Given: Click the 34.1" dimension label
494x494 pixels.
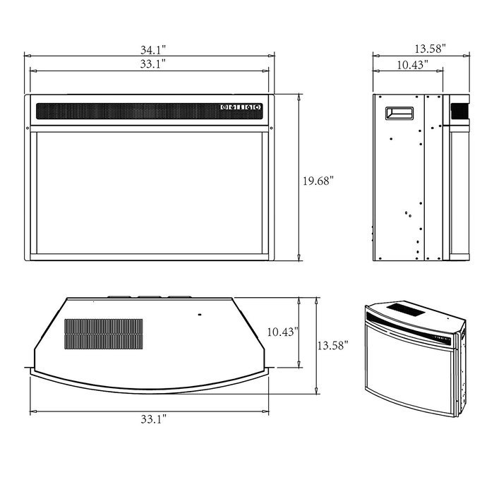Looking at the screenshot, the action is coord(153,50).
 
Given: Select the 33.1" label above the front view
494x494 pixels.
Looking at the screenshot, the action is coord(153,64).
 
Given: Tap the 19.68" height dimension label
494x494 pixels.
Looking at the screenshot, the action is coord(318,181).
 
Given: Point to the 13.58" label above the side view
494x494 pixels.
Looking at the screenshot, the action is coord(430,49).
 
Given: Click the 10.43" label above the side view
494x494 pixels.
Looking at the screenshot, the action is coord(412,65).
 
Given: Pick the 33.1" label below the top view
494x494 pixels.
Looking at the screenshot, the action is coord(153,419).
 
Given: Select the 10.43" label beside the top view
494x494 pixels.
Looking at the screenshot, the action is coord(282,332).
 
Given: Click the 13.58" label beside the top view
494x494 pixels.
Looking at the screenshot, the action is coord(332,346).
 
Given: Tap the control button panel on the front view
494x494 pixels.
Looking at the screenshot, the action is coord(241,107).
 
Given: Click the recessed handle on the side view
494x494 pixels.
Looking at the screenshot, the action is coord(399,114).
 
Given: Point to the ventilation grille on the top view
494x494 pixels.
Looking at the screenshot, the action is coord(104,334).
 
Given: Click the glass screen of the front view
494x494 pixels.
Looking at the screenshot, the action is coord(150,193).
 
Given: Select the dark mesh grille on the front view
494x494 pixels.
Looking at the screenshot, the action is coord(150,112).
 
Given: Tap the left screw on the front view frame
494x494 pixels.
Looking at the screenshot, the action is coord(28,128).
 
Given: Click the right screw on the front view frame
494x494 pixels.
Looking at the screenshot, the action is coord(272,128).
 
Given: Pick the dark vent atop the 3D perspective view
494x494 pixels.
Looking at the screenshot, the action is coord(406,309).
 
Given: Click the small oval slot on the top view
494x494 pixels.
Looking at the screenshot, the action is coord(199,315).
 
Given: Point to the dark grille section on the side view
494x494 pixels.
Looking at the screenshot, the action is coord(459,112).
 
